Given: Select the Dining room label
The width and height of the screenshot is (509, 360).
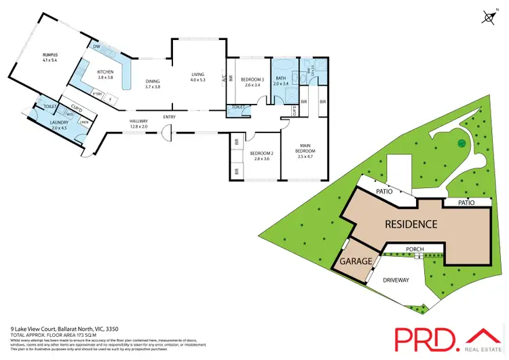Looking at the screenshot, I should coord(153,84).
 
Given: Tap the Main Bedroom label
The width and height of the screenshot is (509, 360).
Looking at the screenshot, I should coord(307,149).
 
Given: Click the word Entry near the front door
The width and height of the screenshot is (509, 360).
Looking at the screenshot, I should coord(169,117).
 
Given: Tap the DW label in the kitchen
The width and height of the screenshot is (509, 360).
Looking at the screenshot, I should coord(97,46).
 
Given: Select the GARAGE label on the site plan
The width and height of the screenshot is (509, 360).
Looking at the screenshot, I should coord(356,261).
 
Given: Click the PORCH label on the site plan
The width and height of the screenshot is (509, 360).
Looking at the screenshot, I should coord(415,249).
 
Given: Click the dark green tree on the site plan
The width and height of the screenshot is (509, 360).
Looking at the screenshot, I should coord(460,143).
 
